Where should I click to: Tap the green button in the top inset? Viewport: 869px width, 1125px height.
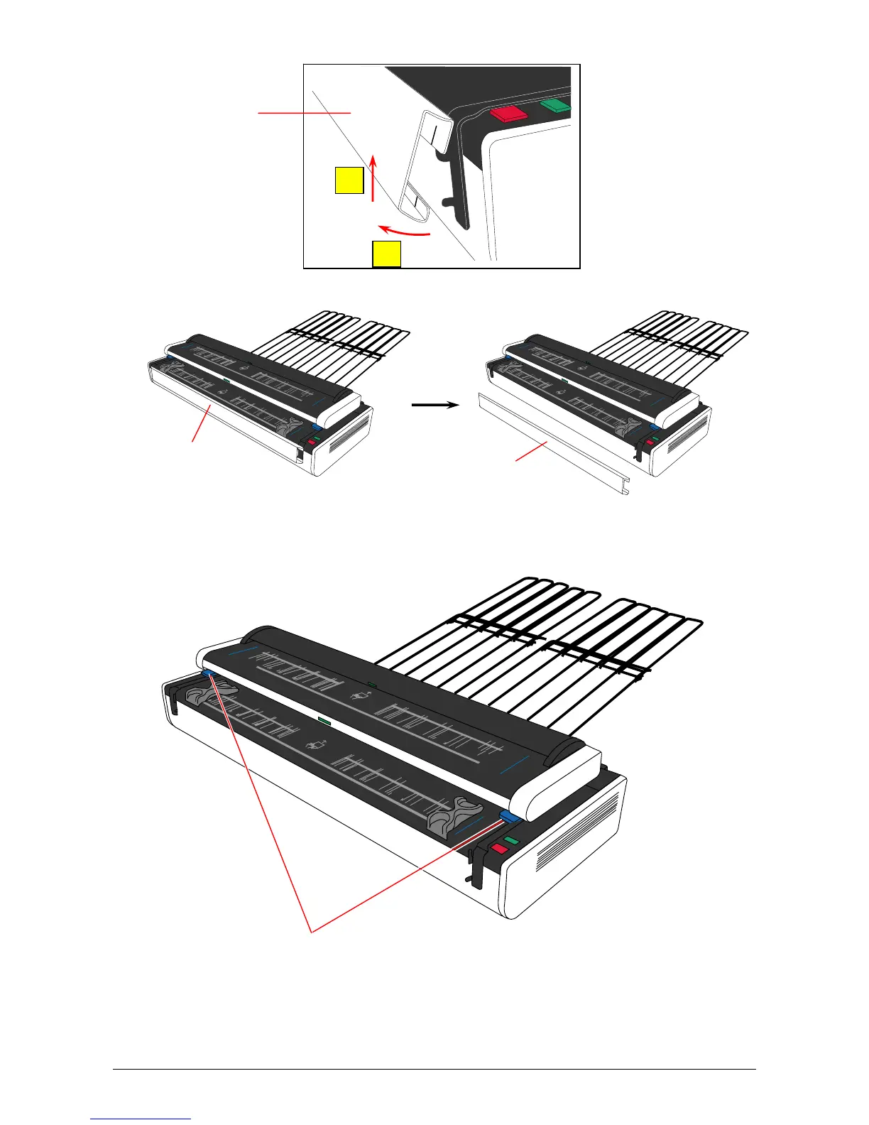(x=556, y=106)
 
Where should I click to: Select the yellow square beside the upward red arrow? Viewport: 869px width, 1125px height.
(x=349, y=180)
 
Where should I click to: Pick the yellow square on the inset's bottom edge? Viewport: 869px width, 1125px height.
(x=387, y=254)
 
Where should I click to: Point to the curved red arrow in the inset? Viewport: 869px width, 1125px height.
(x=404, y=231)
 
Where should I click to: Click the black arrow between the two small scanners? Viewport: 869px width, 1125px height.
(x=435, y=405)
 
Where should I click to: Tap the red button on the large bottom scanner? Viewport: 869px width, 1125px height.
(x=500, y=849)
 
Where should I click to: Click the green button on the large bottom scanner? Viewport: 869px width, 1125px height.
(x=513, y=840)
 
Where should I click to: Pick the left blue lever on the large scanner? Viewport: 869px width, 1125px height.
(x=209, y=672)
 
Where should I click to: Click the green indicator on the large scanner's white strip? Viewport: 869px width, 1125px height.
(x=324, y=720)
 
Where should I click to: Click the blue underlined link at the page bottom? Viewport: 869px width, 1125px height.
(x=141, y=1119)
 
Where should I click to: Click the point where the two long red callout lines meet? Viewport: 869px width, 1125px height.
(x=311, y=929)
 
